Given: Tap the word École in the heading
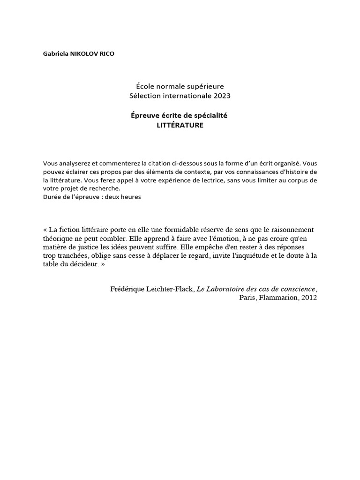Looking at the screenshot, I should click(144, 86).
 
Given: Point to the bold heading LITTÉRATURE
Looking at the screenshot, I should click(180, 125).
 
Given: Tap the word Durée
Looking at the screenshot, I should click(52, 197).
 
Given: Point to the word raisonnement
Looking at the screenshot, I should click(290, 230).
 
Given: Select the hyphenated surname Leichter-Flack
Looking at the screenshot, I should click(171, 289).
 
